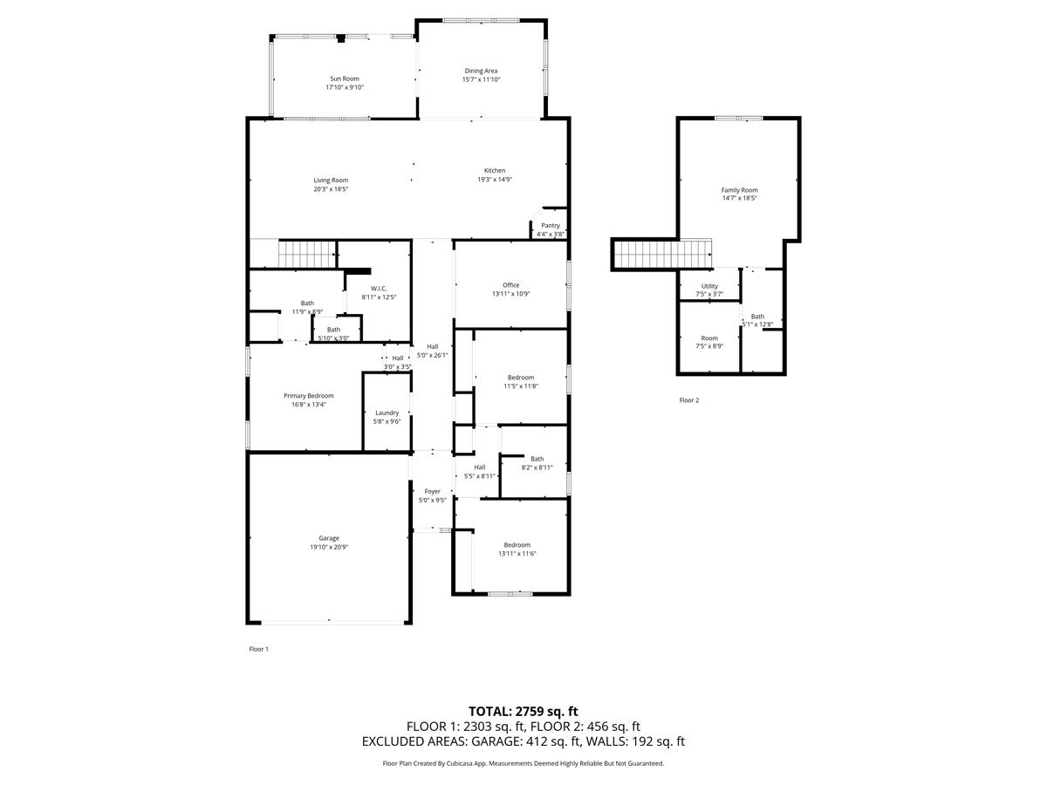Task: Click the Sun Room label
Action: [345, 78]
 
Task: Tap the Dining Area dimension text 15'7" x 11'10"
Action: [481, 79]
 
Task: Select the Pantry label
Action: [550, 225]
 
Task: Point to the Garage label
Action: [329, 538]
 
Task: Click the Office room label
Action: [511, 285]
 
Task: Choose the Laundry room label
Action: [387, 413]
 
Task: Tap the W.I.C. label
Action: [379, 289]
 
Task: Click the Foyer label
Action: [432, 491]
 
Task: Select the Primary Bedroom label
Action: [309, 396]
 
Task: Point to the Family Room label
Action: [739, 190]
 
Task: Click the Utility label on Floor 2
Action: [709, 286]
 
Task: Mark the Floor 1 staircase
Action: [307, 255]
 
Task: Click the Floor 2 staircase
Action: [663, 254]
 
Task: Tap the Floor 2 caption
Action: [688, 400]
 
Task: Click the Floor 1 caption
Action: [258, 649]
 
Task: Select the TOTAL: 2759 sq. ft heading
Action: [523, 712]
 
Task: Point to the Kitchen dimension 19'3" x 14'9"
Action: [495, 179]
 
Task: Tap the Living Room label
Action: [331, 181]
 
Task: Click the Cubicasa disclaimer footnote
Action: [523, 763]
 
